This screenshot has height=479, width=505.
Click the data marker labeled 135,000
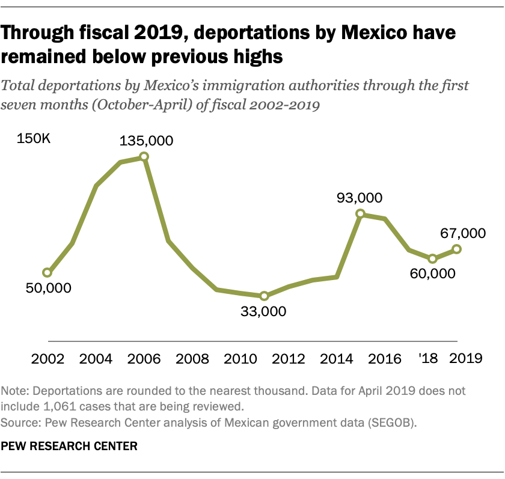tap(144, 157)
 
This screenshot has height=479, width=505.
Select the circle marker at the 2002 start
tap(47, 273)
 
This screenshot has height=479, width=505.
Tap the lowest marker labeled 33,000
tap(264, 296)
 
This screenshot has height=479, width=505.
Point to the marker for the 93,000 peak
tap(360, 213)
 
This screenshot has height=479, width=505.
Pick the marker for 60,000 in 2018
tap(432, 258)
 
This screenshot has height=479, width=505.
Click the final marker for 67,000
tap(457, 249)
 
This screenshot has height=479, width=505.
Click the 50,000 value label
tap(48, 288)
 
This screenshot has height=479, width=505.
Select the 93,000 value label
tap(360, 198)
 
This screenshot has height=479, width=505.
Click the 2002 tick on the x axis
tap(47, 359)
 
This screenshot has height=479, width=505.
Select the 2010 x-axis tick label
tap(240, 359)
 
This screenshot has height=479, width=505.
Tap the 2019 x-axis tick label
tap(466, 359)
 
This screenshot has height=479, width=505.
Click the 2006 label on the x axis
tap(144, 359)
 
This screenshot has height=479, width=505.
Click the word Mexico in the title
tap(361, 33)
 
